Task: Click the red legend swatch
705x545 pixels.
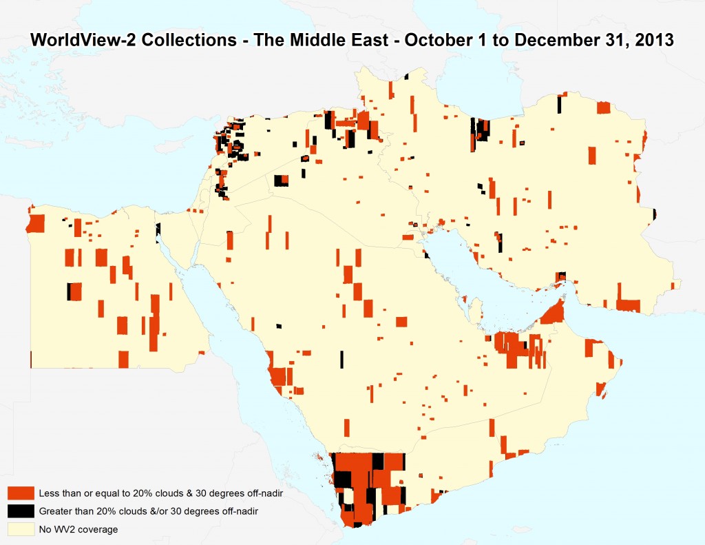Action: point(21,493)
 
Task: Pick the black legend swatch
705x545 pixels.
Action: point(21,511)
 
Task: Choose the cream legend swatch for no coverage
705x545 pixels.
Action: point(21,529)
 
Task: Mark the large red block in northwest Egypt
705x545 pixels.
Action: point(35,224)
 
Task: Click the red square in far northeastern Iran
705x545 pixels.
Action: point(603,107)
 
